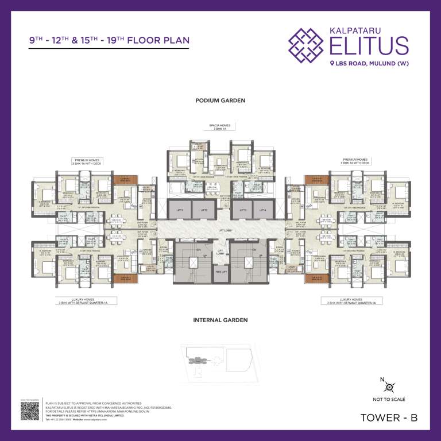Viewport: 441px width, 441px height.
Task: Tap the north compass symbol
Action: [x=389, y=386]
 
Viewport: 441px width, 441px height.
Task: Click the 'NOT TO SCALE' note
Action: [x=389, y=399]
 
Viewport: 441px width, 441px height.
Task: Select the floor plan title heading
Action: [x=109, y=41]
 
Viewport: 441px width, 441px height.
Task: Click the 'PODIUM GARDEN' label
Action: [x=220, y=100]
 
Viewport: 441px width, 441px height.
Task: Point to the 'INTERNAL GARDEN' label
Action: [x=220, y=320]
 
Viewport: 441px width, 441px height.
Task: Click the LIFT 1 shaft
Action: [x=179, y=211]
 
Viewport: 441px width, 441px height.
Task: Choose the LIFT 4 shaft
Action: [x=262, y=211]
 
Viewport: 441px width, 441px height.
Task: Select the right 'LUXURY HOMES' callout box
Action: [x=351, y=300]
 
